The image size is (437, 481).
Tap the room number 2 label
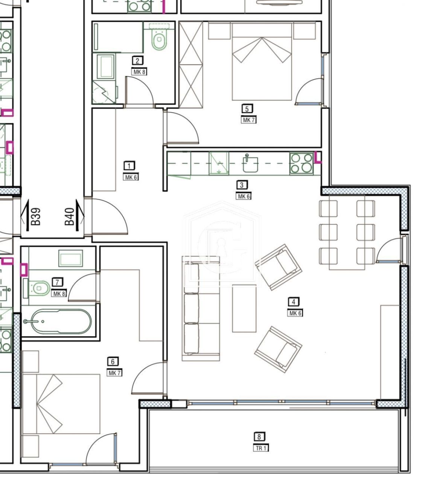click(x=137, y=61)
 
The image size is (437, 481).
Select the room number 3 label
click(x=242, y=185)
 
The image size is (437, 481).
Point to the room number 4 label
click(x=294, y=302)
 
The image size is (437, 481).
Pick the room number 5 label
click(x=247, y=109)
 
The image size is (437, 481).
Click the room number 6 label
click(x=113, y=362)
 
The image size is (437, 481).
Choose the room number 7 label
click(x=57, y=282)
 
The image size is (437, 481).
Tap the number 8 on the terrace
click(x=259, y=437)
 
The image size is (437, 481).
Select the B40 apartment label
click(x=70, y=218)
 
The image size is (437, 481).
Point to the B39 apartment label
click(x=36, y=217)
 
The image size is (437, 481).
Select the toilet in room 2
click(x=159, y=40)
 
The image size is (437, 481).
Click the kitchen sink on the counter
click(x=250, y=164)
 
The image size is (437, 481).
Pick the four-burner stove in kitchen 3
click(x=301, y=163)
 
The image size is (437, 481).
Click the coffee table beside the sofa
click(x=244, y=308)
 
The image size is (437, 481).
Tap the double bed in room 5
click(x=262, y=62)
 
